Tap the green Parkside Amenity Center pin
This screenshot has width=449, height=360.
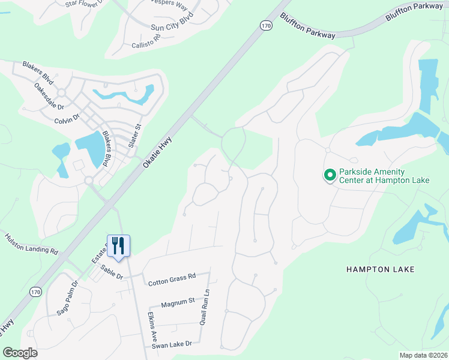[x=329, y=176]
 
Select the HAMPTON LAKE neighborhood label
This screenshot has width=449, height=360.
[x=380, y=269]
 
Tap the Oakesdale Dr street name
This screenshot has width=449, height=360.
[x=49, y=97]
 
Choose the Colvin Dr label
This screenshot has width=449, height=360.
[x=67, y=118]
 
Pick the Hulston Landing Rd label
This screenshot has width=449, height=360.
[x=31, y=244]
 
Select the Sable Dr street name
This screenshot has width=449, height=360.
[x=112, y=272]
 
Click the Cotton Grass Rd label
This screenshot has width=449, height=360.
[x=171, y=277]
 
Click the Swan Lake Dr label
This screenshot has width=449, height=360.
[x=171, y=344]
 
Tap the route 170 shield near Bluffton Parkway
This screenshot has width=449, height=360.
[x=266, y=25]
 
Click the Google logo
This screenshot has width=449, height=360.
[x=20, y=352]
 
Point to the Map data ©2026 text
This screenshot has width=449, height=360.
[x=423, y=355]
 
